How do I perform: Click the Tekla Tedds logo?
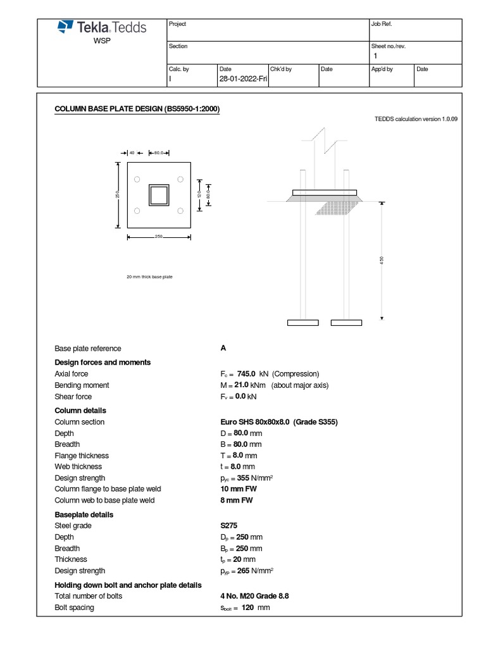[x=102, y=27]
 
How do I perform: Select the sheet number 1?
[x=375, y=56]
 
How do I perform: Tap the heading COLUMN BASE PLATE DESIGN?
[x=137, y=109]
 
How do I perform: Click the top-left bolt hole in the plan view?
[x=137, y=180]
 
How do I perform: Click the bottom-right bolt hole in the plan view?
[x=180, y=211]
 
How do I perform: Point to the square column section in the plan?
[x=159, y=195]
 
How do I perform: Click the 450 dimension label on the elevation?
[x=382, y=261]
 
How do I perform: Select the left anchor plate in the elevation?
[x=302, y=323]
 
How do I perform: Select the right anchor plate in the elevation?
[x=346, y=323]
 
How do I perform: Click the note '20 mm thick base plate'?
[x=150, y=277]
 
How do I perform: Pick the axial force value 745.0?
[x=246, y=374]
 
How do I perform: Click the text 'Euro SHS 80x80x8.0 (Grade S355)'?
[x=278, y=422]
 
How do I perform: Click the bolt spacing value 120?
[x=249, y=608]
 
